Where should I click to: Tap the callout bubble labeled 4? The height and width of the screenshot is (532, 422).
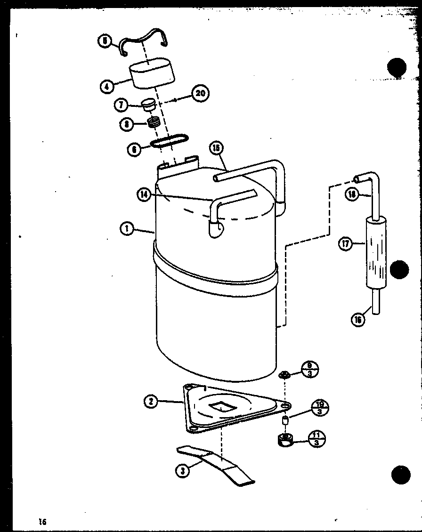[107, 87]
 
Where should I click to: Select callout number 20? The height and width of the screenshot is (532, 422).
[201, 93]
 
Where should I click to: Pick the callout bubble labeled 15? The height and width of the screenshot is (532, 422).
[216, 148]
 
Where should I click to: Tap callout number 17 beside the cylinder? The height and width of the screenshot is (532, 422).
[346, 244]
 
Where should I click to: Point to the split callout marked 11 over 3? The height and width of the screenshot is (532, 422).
[316, 439]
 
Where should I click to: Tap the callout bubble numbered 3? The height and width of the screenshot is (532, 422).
[183, 470]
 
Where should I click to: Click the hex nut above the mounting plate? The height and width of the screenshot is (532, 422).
[284, 375]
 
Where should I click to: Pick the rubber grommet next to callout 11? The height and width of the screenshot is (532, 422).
[285, 441]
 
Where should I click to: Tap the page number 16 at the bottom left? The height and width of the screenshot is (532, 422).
[43, 521]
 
